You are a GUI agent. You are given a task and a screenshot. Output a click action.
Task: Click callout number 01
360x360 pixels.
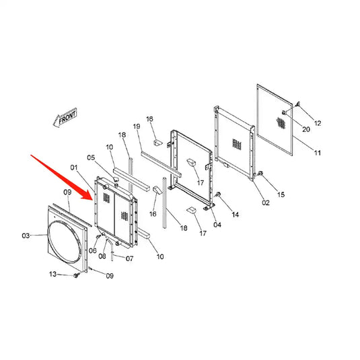coord(75,167)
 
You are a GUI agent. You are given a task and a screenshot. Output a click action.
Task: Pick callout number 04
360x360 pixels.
coord(93,250)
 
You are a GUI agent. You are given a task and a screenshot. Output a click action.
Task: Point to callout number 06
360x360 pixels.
coord(103,256)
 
